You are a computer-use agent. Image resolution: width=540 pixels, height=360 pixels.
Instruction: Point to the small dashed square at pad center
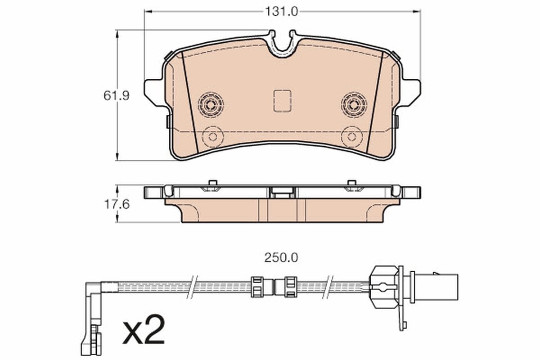(x=282, y=101)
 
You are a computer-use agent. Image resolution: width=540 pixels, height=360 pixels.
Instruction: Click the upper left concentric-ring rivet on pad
(x=211, y=105)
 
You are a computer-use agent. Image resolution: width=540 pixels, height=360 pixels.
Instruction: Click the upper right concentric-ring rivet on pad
(x=354, y=105)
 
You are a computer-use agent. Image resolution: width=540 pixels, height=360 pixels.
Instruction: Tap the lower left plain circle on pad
(x=213, y=136)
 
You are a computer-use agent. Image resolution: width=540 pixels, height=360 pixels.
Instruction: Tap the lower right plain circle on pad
(x=351, y=136)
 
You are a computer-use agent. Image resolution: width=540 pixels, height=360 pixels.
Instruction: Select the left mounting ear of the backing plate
(x=153, y=92)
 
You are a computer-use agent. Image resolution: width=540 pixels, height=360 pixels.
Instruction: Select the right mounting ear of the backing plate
(x=411, y=92)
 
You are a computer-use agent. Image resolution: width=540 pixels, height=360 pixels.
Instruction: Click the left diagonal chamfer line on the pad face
(x=190, y=101)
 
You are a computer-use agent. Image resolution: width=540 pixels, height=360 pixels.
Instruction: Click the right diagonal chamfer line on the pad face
(x=374, y=101)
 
